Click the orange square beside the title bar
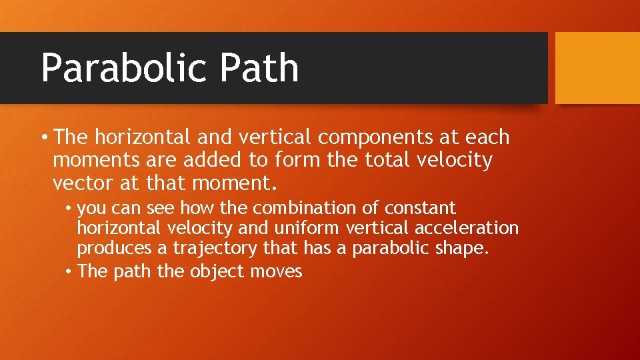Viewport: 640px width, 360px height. click(x=597, y=68)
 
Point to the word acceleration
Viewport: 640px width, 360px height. click(x=466, y=229)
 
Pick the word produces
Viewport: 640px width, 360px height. click(x=115, y=249)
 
